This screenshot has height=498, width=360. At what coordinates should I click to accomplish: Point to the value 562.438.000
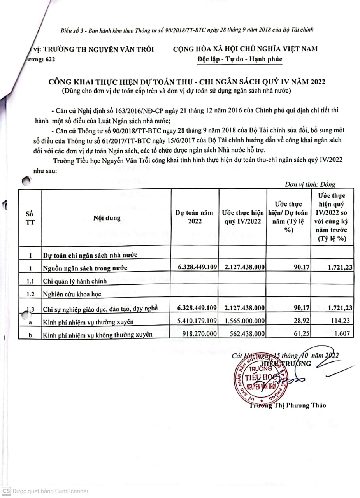click(x=248, y=334)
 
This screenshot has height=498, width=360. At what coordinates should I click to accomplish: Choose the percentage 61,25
click(x=302, y=334)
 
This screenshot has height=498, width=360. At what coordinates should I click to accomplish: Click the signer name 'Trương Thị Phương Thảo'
click(x=288, y=405)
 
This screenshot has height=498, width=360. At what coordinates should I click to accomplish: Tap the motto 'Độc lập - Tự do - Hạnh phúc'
click(x=239, y=60)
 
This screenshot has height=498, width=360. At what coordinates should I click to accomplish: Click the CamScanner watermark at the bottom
click(x=45, y=491)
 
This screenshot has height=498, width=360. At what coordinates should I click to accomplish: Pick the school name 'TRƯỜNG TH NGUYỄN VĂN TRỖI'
click(x=99, y=49)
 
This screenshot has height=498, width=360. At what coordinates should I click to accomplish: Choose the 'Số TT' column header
click(x=29, y=218)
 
